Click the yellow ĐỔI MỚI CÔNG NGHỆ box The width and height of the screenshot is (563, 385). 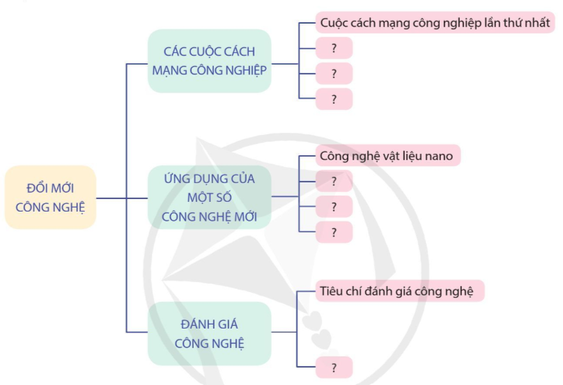pos(50,197)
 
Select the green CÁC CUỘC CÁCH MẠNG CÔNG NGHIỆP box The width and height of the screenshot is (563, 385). pos(209,61)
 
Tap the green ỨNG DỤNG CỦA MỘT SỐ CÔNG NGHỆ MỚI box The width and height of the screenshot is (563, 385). pos(209,198)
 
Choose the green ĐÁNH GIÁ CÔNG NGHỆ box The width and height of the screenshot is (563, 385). pos(209,333)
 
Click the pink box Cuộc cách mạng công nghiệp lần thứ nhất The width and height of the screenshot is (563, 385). pos(435,23)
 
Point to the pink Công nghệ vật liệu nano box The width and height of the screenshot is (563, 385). pos(387,156)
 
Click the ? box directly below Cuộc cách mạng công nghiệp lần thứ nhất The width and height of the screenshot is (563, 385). pos(334,48)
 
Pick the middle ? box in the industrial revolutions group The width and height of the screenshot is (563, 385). pos(334,73)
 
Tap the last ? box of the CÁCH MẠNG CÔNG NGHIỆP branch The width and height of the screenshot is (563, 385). pos(334,99)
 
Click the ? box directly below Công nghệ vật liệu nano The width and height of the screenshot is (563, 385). pos(334,181)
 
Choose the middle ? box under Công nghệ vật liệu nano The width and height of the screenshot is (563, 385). pos(334,207)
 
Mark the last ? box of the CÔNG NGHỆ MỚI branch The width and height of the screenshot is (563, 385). pos(334,232)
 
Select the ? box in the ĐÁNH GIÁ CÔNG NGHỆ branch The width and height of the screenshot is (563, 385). pos(334,367)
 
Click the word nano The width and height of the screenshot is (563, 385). pos(439,156)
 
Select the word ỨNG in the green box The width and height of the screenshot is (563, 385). pos(177,178)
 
